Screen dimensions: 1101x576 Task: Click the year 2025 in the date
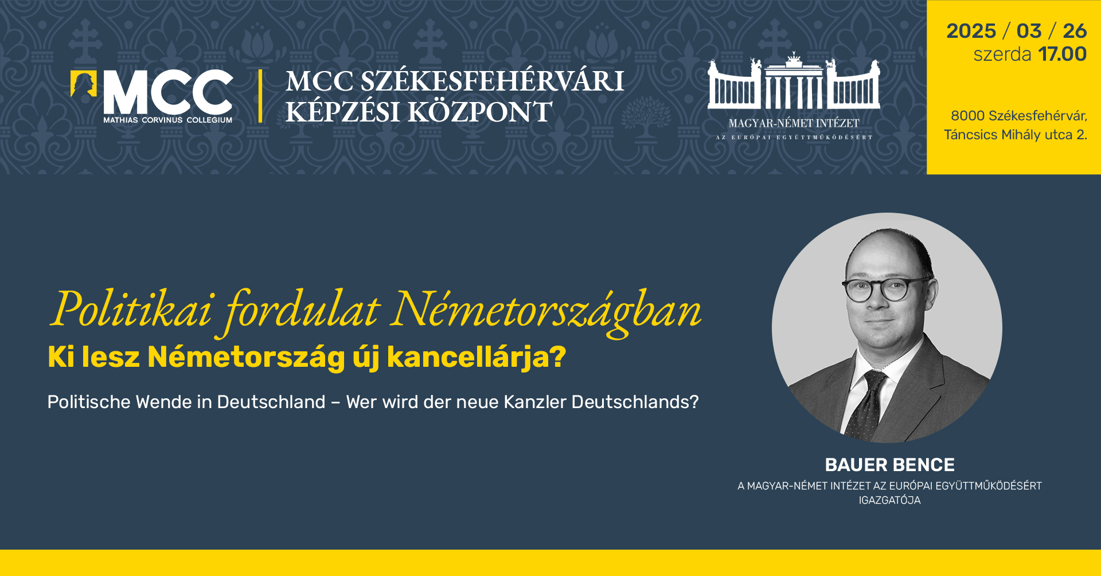(971, 31)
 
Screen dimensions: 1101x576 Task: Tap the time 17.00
(1062, 54)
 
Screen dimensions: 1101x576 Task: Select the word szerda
(1002, 54)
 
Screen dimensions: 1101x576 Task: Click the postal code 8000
(967, 116)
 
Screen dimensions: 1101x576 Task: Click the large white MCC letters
(168, 92)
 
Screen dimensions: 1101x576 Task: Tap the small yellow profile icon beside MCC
(83, 84)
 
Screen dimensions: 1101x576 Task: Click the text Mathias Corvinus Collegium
(168, 120)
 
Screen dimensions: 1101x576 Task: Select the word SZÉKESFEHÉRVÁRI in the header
(492, 81)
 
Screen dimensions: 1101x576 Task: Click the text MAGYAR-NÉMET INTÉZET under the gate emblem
(794, 123)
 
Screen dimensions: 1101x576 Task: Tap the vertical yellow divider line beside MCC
(261, 96)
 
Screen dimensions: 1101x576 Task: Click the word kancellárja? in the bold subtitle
(477, 358)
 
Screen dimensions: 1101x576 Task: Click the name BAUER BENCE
(889, 465)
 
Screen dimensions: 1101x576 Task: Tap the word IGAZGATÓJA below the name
(889, 500)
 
